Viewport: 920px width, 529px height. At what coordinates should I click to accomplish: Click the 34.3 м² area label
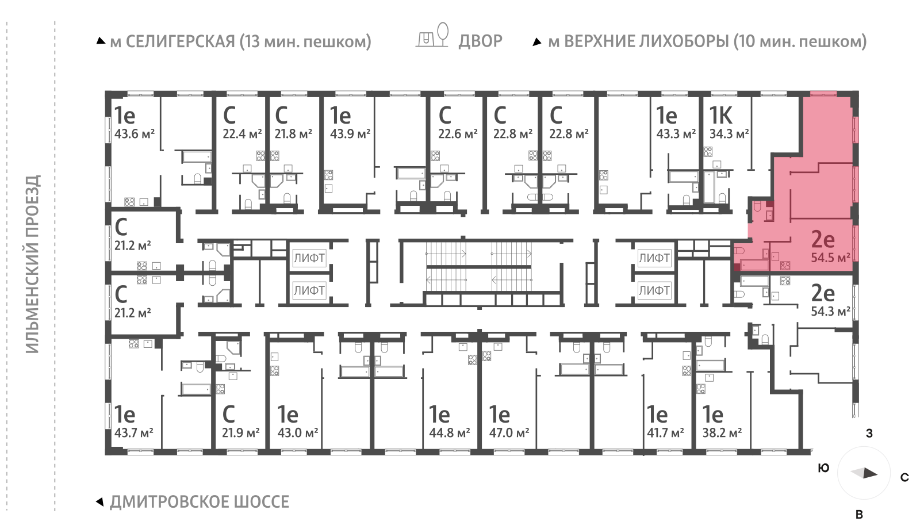pyautogui.click(x=729, y=134)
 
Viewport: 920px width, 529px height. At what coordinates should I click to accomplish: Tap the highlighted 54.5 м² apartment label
pyautogui.click(x=830, y=258)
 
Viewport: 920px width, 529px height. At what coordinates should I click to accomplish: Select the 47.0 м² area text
pyautogui.click(x=509, y=432)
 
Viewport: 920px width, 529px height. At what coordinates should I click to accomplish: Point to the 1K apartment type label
pyautogui.click(x=720, y=116)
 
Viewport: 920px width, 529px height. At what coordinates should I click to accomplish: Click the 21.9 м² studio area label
pyautogui.click(x=240, y=432)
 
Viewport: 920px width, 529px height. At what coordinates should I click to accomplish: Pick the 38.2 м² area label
pyautogui.click(x=722, y=432)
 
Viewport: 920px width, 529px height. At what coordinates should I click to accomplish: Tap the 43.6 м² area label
pyautogui.click(x=134, y=134)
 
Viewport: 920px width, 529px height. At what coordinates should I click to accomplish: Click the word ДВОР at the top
pyautogui.click(x=480, y=41)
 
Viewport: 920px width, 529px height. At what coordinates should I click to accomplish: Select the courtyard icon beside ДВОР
pyautogui.click(x=432, y=36)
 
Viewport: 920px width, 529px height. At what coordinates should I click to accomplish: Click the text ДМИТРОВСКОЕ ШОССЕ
pyautogui.click(x=199, y=502)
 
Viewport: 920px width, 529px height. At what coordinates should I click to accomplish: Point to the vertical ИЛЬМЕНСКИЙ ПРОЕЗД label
pyautogui.click(x=33, y=264)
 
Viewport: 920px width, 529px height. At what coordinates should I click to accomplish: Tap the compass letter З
pyautogui.click(x=869, y=434)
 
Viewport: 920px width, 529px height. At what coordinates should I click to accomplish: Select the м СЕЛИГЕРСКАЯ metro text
pyautogui.click(x=240, y=41)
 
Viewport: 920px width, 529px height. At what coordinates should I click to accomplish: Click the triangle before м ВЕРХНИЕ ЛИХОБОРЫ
pyautogui.click(x=537, y=42)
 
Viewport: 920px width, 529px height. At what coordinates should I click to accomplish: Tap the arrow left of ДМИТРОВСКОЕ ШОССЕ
pyautogui.click(x=99, y=502)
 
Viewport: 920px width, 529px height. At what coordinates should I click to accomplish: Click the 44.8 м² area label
pyautogui.click(x=449, y=432)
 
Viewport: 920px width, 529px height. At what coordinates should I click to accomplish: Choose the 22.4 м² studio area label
pyautogui.click(x=242, y=134)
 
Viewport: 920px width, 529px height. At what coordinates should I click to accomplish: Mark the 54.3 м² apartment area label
pyautogui.click(x=830, y=312)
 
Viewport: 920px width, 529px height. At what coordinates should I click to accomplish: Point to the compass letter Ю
pyautogui.click(x=823, y=468)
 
